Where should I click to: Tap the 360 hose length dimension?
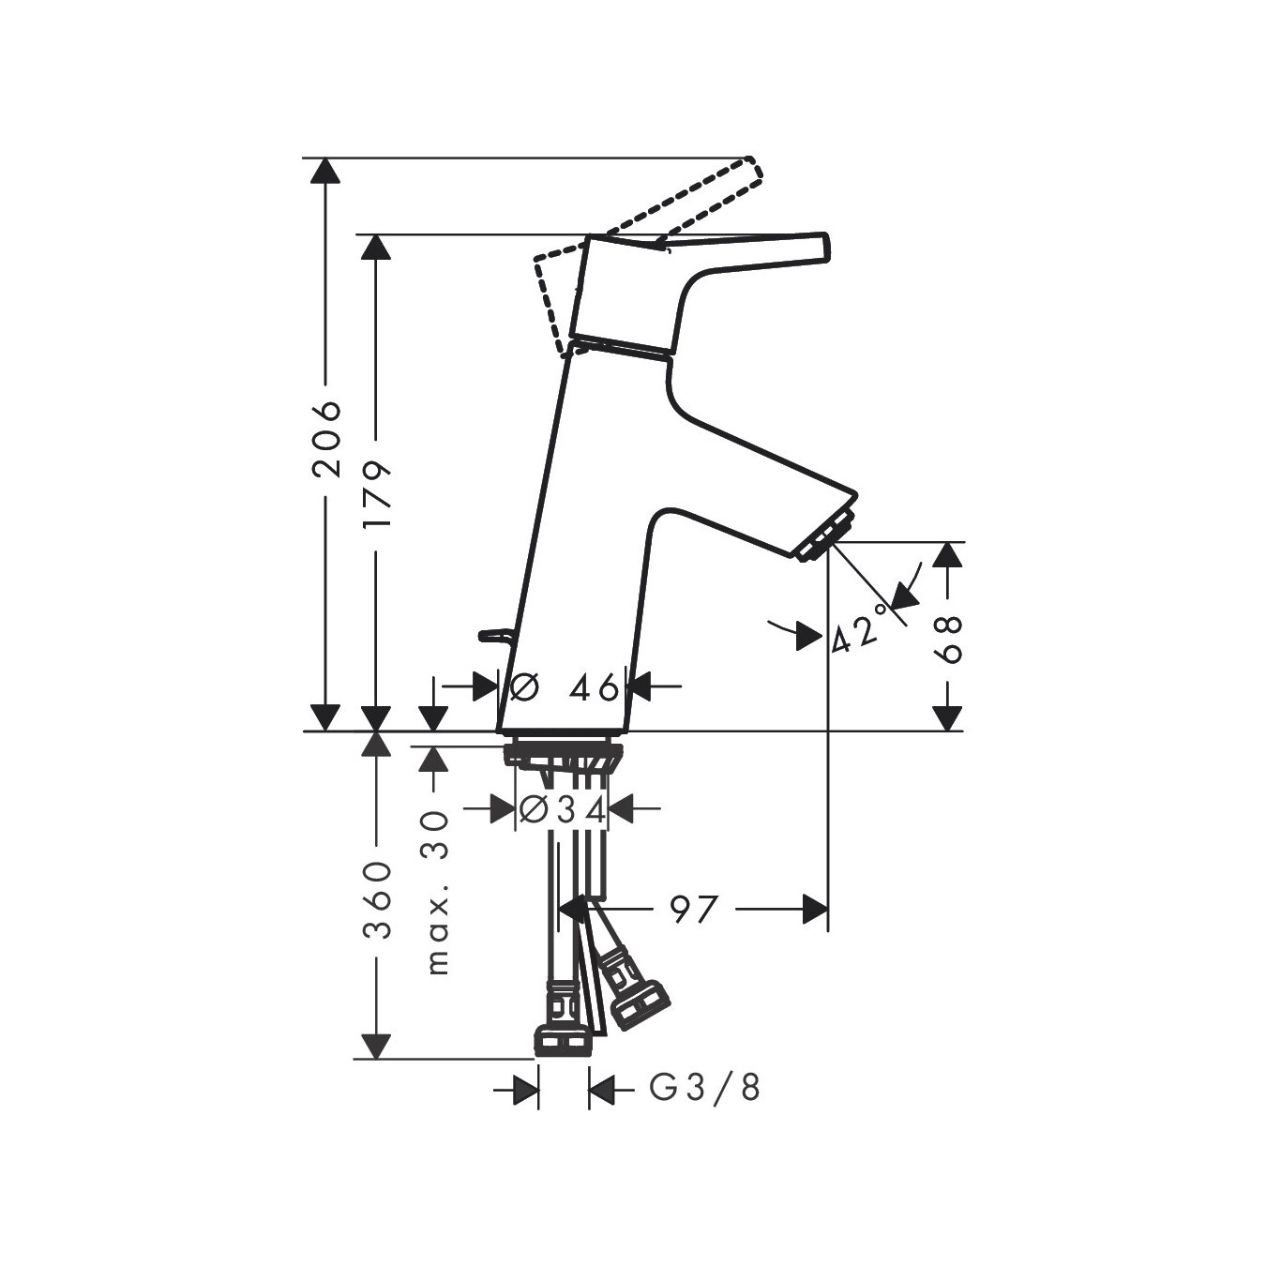tap(377, 899)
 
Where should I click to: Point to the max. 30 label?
tap(435, 902)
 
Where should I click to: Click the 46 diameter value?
tap(594, 687)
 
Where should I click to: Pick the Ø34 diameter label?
tap(562, 809)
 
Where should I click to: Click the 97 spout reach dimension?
tap(694, 910)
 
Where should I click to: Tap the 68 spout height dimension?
tap(947, 640)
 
